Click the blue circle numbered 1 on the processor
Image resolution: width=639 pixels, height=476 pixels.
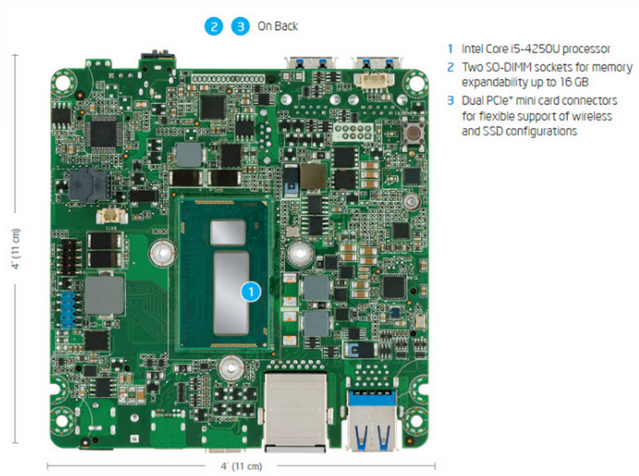250,291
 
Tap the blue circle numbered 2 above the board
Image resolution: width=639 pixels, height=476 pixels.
213,27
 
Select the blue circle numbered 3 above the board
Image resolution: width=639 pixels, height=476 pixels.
241,27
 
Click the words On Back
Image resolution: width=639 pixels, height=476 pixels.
278,27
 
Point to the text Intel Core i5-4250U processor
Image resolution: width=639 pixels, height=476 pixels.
535,49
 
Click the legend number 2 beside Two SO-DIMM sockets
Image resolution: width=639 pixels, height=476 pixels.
450,67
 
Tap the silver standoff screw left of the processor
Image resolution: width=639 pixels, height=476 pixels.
162,250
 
